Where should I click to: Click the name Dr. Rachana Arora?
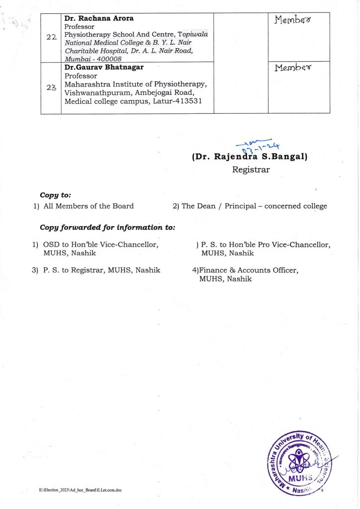[x=99, y=18]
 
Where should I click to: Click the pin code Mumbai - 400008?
[x=93, y=59]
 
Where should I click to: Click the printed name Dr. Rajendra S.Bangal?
[x=250, y=157]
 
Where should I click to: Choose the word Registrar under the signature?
[x=251, y=170]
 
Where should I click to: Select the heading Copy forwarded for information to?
[x=107, y=228]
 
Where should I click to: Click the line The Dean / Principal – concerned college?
[x=254, y=206]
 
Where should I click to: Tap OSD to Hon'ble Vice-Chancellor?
[x=101, y=245]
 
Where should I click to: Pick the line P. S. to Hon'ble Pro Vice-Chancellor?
[x=266, y=245]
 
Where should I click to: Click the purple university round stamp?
[x=302, y=461]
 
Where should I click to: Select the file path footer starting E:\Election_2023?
[x=80, y=490]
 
